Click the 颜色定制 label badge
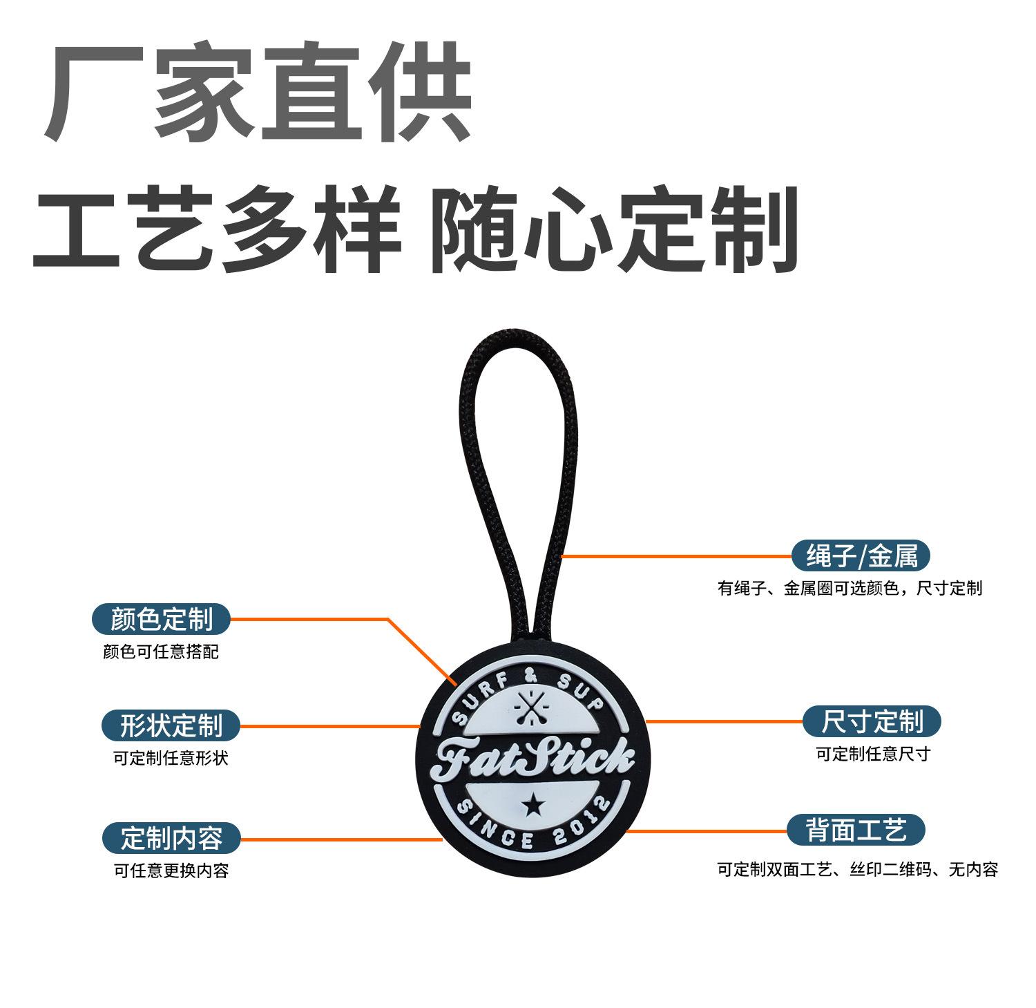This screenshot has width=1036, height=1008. coord(161,619)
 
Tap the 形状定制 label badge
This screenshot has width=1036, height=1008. coord(171,726)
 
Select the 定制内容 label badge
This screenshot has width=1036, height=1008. coord(171,838)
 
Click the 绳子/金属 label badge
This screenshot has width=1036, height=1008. coord(861,555)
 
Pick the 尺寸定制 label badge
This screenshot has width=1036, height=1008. coord(872,722)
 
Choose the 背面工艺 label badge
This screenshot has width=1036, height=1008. coord(856,829)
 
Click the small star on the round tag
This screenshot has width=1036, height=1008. coord(533,803)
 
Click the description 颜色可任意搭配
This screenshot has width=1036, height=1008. coord(161,652)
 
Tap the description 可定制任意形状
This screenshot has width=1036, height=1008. coord(171,759)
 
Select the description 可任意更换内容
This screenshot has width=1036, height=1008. coord(171,871)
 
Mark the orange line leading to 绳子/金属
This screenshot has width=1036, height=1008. coord(677,555)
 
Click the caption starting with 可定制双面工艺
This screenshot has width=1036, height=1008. coord(857,869)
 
